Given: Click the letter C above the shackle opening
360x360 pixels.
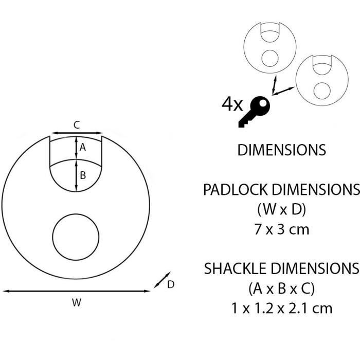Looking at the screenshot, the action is pos(77,125).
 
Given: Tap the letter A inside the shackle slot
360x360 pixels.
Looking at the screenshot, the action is pos(83,147).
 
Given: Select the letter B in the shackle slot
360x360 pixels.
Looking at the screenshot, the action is pos(83,175).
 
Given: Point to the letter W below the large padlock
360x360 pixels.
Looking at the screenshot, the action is pos(77,302).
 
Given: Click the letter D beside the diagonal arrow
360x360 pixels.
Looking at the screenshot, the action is pos(171,285).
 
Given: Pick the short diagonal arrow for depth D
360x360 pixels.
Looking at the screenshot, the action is pos(162,280).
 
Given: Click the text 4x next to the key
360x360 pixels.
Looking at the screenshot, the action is pos(232,104).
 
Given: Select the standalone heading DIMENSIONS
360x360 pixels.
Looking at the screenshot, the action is pos(282,150).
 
